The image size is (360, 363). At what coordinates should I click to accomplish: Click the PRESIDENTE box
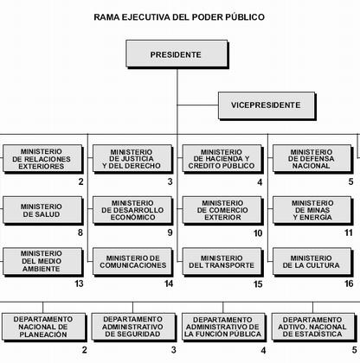pyautogui.click(x=177, y=54)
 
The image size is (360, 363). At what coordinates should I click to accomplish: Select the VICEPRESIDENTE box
pyautogui.click(x=267, y=105)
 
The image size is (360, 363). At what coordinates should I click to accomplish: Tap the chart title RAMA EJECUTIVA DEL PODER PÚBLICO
pyautogui.click(x=179, y=17)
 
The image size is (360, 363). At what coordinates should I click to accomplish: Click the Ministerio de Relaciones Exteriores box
pyautogui.click(x=42, y=159)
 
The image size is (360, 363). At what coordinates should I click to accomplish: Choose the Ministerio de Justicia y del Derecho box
pyautogui.click(x=132, y=159)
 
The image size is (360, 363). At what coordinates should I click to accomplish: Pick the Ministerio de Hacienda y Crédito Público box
pyautogui.click(x=222, y=159)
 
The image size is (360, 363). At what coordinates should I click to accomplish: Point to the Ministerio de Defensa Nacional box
pyautogui.click(x=312, y=159)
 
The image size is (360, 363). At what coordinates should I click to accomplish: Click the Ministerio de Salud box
pyautogui.click(x=42, y=210)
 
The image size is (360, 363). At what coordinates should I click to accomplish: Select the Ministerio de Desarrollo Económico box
pyautogui.click(x=132, y=210)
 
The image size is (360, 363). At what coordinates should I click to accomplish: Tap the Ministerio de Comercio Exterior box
pyautogui.click(x=222, y=210)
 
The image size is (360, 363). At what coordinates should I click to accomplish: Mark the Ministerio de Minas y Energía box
pyautogui.click(x=312, y=210)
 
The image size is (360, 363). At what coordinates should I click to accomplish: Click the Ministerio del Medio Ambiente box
pyautogui.click(x=42, y=262)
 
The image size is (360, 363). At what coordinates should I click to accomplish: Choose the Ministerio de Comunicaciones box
pyautogui.click(x=132, y=262)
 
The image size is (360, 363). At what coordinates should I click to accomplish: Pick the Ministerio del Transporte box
pyautogui.click(x=222, y=262)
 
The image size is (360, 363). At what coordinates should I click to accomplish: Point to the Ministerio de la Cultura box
pyautogui.click(x=312, y=262)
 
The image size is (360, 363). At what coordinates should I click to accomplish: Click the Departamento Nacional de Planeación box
pyautogui.click(x=44, y=328)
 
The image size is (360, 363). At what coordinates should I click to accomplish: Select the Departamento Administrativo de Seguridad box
pyautogui.click(x=134, y=328)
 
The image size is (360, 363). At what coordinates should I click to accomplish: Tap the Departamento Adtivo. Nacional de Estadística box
pyautogui.click(x=313, y=328)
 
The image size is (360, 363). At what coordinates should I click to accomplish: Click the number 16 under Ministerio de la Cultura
pyautogui.click(x=349, y=283)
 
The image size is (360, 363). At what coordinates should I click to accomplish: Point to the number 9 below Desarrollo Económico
pyautogui.click(x=170, y=232)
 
